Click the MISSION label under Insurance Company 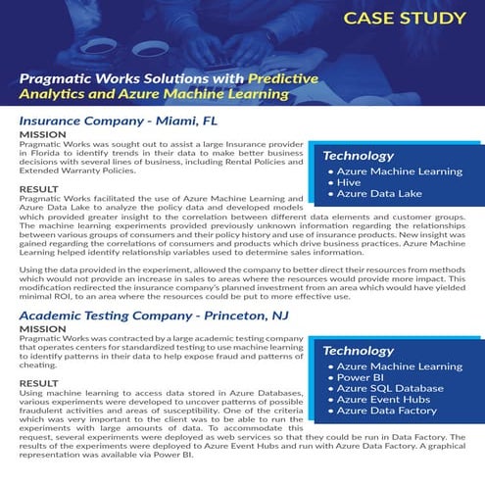[x=43, y=134]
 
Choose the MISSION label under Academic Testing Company [x=43, y=329]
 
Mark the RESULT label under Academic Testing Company [x=39, y=382]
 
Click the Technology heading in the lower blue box [x=359, y=351]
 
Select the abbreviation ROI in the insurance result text [x=60, y=302]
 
